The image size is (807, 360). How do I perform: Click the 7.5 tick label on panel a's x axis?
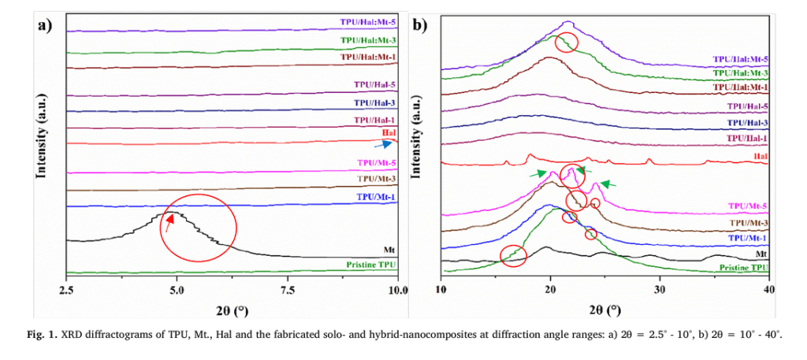pos(288,289)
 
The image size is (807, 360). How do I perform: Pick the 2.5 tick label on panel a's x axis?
pos(67,289)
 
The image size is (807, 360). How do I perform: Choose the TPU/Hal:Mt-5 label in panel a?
pos(369,23)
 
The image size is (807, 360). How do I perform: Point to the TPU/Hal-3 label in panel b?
pos(748,122)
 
